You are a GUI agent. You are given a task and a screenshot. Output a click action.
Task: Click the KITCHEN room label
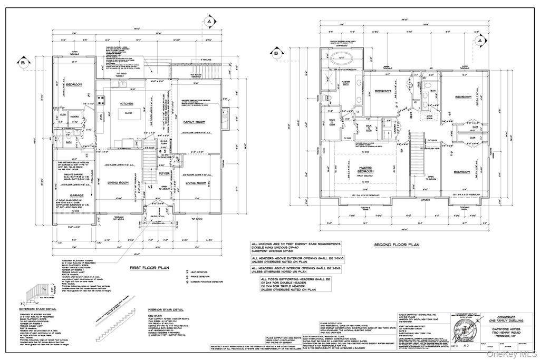pos(129,104)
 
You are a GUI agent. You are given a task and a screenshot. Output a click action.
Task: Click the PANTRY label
pos(74,118)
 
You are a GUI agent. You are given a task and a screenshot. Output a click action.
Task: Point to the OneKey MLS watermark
pos(519,354)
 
